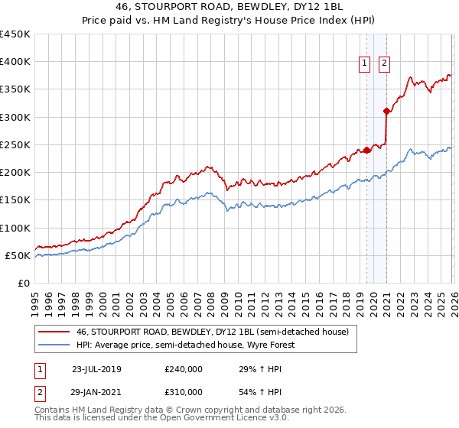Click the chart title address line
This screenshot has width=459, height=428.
tap(229, 7)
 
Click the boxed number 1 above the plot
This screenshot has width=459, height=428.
tap(366, 64)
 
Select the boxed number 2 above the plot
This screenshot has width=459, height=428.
tap(384, 64)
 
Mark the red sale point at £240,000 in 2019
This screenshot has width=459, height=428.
tap(366, 150)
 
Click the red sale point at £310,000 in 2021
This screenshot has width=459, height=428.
tap(387, 112)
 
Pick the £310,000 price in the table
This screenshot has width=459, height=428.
tap(184, 391)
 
